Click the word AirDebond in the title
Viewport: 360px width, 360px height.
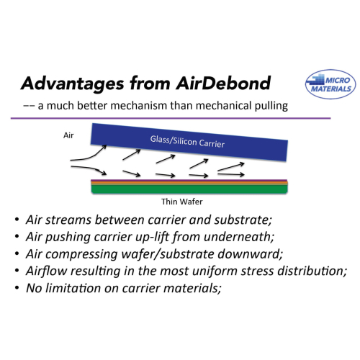tap(223, 84)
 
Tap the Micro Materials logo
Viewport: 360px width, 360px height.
tap(330, 84)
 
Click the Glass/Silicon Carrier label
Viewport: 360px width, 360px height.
tap(187, 142)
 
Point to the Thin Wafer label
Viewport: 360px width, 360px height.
tap(182, 202)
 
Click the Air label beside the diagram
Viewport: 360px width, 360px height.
tap(68, 135)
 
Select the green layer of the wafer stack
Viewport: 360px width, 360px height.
tap(189, 189)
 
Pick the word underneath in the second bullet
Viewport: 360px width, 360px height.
tap(239, 237)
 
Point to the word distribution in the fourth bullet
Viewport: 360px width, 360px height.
tap(312, 271)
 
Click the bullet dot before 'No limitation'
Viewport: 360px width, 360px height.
tap(17, 288)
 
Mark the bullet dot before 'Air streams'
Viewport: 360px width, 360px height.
tap(17, 220)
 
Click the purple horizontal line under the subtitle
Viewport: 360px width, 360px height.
tap(171, 118)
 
